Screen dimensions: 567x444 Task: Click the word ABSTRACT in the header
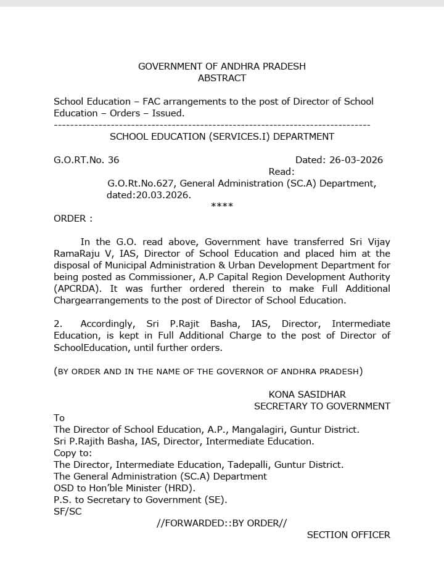(x=222, y=78)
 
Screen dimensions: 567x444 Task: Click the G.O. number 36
(x=113, y=160)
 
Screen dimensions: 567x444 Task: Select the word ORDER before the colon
(x=70, y=219)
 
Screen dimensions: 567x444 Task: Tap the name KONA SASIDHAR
(x=307, y=395)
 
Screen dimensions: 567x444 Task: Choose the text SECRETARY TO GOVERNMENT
(x=322, y=406)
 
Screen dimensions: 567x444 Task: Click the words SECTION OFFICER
(x=348, y=535)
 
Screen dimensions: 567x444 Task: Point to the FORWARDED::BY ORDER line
(x=222, y=523)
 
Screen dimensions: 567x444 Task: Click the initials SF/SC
(x=67, y=512)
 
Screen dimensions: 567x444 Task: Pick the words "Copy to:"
(x=73, y=453)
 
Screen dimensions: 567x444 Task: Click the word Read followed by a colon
(x=282, y=172)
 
